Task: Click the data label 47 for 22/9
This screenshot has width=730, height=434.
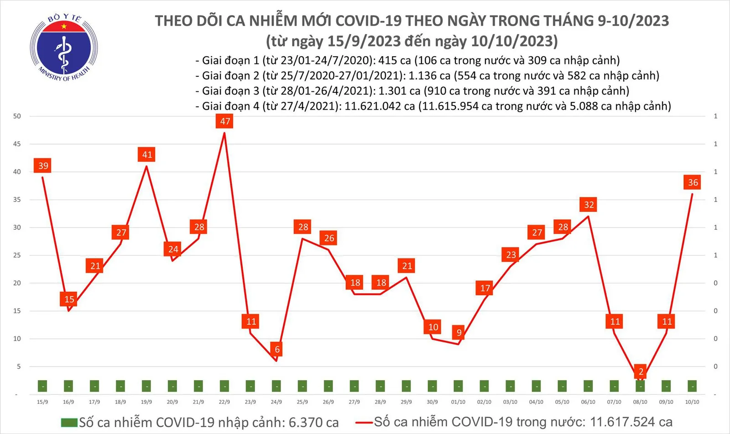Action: click(x=225, y=121)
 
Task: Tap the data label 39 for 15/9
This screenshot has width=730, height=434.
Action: click(x=43, y=165)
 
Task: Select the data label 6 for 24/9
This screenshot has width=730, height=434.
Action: click(x=277, y=349)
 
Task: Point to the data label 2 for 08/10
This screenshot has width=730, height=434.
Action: click(x=641, y=371)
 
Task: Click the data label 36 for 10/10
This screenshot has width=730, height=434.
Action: click(x=693, y=182)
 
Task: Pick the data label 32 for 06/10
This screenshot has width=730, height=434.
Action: click(x=589, y=205)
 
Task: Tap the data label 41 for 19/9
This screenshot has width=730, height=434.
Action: click(x=147, y=154)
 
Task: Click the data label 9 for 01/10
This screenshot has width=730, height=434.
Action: click(x=459, y=333)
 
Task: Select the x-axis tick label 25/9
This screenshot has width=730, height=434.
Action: click(x=302, y=402)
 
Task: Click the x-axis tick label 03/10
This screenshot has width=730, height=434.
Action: click(x=510, y=402)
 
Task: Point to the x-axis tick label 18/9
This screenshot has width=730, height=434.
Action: click(x=120, y=402)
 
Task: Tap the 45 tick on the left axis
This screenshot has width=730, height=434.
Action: click(x=17, y=144)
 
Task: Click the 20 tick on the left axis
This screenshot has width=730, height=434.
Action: click(x=17, y=283)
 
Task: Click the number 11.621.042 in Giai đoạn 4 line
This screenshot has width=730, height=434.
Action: click(x=379, y=106)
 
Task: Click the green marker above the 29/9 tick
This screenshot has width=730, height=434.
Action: click(x=406, y=386)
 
